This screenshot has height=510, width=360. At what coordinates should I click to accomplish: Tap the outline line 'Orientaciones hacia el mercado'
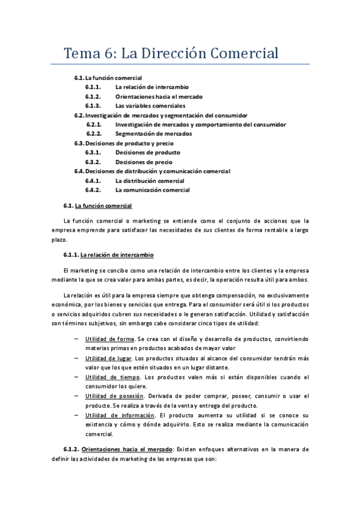point(159,96)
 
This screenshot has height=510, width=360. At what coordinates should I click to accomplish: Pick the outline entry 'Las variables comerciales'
point(150,106)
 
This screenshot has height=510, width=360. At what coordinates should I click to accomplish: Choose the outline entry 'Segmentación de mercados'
point(153,134)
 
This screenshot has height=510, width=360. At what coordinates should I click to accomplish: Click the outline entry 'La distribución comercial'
point(150,180)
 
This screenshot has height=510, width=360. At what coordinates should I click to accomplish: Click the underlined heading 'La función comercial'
point(108,206)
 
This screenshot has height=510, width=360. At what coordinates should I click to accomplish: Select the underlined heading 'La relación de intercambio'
point(117,255)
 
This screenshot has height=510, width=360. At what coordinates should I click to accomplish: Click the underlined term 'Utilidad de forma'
point(109,339)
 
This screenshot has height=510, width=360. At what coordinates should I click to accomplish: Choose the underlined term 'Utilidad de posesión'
point(114,396)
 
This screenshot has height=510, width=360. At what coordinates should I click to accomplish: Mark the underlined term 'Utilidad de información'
point(118,415)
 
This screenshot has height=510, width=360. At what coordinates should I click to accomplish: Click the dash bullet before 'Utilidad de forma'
point(76,339)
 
